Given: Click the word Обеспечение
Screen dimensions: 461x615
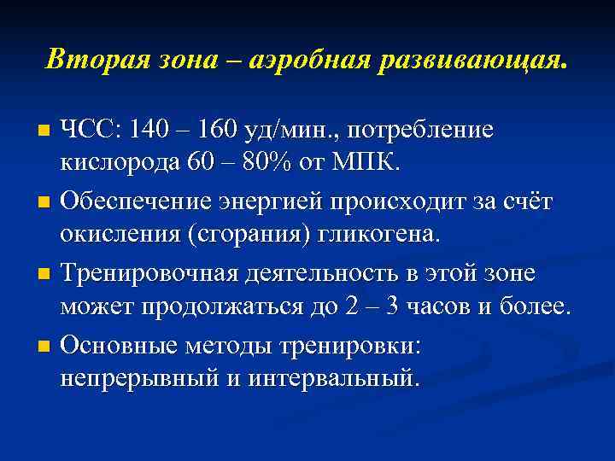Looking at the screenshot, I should (x=137, y=202).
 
